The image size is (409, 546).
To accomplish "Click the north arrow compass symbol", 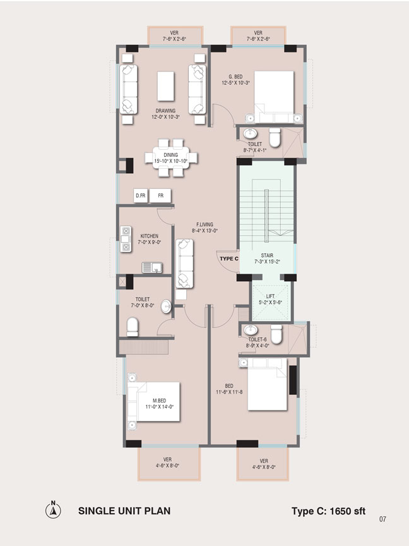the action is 53,510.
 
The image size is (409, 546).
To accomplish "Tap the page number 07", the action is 382,519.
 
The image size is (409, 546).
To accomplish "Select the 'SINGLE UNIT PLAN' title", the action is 124,511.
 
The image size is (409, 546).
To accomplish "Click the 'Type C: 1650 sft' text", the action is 329,511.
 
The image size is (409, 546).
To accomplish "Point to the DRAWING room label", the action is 165,111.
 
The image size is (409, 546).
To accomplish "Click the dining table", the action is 171,158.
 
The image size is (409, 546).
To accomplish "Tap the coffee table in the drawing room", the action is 165,86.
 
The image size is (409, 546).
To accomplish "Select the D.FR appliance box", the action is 141,196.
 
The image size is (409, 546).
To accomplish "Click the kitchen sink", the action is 152,267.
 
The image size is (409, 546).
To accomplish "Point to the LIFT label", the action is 270,296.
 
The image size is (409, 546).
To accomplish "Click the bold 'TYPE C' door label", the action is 229,258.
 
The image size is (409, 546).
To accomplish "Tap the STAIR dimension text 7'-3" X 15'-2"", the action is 267,262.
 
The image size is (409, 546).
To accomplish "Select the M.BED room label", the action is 159,401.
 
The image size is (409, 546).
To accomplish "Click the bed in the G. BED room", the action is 274,97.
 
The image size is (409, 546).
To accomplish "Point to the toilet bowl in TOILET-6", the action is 276,334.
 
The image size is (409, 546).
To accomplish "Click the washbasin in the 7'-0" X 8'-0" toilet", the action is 166,306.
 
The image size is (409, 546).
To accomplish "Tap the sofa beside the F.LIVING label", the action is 184,264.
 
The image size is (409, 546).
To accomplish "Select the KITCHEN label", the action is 149,236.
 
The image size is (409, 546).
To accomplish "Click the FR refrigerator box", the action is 160,196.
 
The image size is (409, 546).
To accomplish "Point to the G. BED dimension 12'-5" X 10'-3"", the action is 235,83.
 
